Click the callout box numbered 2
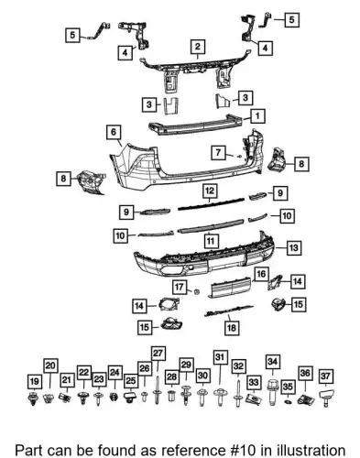tap(198, 47)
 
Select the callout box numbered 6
tap(114, 132)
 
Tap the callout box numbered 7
tap(218, 152)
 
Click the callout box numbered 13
tap(293, 247)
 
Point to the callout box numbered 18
tap(232, 328)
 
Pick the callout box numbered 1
tap(257, 116)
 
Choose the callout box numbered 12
tap(210, 191)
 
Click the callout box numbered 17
tap(180, 287)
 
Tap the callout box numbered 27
tap(158, 354)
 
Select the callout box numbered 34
tap(272, 362)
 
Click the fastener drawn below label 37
tap(326, 398)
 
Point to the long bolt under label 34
tap(272, 392)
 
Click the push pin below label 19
tap(32, 398)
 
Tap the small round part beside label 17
tap(197, 291)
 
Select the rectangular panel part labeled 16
tap(230, 287)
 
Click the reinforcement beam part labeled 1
tap(195, 125)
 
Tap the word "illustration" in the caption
tap(311, 451)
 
